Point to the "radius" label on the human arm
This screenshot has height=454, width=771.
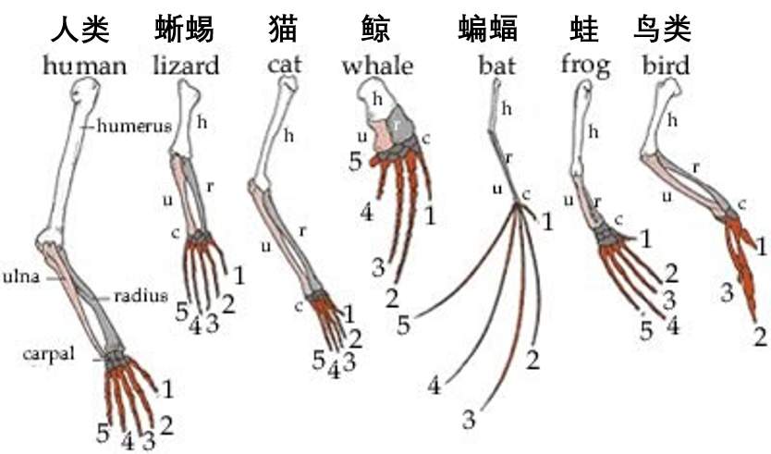point(141,296)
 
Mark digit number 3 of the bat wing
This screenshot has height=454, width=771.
point(469,421)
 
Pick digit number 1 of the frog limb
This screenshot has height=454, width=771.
point(645,239)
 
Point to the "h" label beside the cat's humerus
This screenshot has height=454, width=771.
point(288,136)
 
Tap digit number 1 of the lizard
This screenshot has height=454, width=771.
point(239,275)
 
